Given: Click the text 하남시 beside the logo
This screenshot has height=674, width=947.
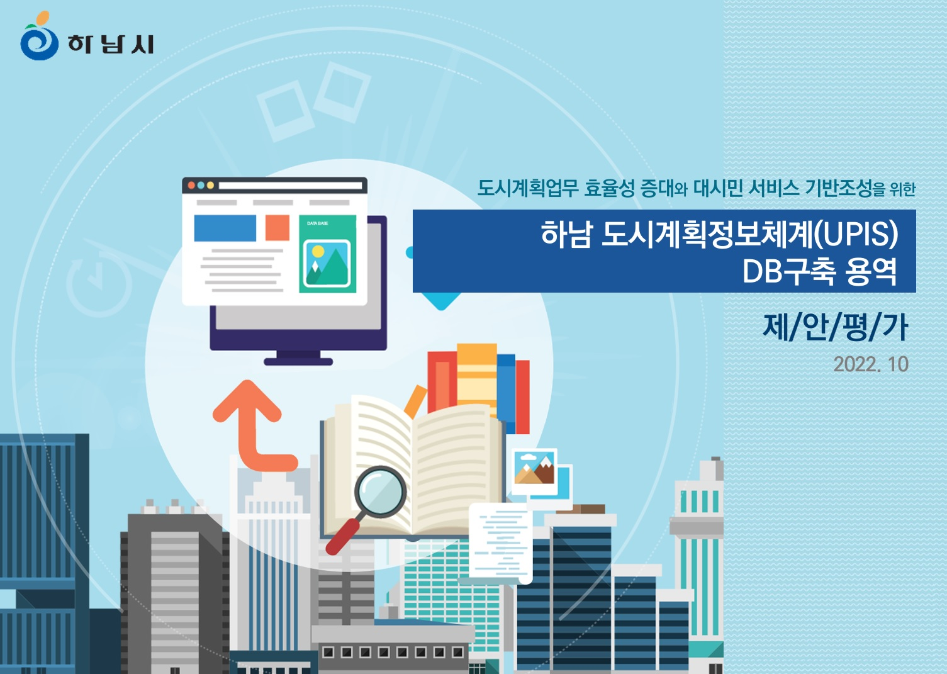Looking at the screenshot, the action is (x=111, y=44).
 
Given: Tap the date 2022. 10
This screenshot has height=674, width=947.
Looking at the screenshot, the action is (x=871, y=364).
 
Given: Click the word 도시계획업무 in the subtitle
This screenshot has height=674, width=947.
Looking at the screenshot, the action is (x=527, y=188).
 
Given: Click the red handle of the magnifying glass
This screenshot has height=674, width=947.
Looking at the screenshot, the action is (x=342, y=537).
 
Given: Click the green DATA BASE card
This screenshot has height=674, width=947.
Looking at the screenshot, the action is (x=328, y=254).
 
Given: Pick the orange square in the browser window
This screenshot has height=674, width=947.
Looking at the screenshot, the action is (x=277, y=227).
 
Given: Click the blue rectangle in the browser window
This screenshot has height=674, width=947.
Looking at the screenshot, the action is (x=225, y=228).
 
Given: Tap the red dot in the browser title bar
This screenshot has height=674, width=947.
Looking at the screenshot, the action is (x=191, y=185).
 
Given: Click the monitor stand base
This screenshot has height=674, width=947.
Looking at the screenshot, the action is (x=298, y=361).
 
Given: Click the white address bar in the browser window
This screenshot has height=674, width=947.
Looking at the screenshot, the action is (x=291, y=186).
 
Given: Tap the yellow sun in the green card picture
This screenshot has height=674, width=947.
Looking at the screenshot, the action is (x=318, y=252).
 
